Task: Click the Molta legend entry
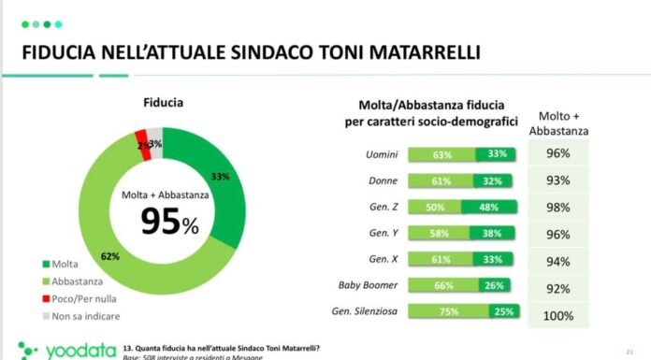point(64,264)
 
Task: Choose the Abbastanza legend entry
point(74,280)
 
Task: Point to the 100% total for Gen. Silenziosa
point(557,316)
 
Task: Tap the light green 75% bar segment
point(450,311)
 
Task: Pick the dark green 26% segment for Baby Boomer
point(496,285)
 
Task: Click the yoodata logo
point(57,350)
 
